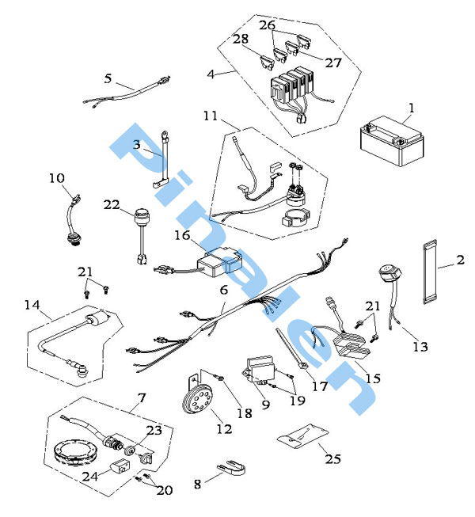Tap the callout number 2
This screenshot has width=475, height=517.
tap(460, 260)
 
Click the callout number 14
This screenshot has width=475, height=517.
tap(32, 304)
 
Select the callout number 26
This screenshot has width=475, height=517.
tap(267, 25)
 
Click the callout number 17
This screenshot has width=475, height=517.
tap(320, 387)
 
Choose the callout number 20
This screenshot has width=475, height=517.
tap(165, 490)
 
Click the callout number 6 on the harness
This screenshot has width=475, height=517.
tap(224, 291)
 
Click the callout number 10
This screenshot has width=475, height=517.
tap(56, 178)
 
